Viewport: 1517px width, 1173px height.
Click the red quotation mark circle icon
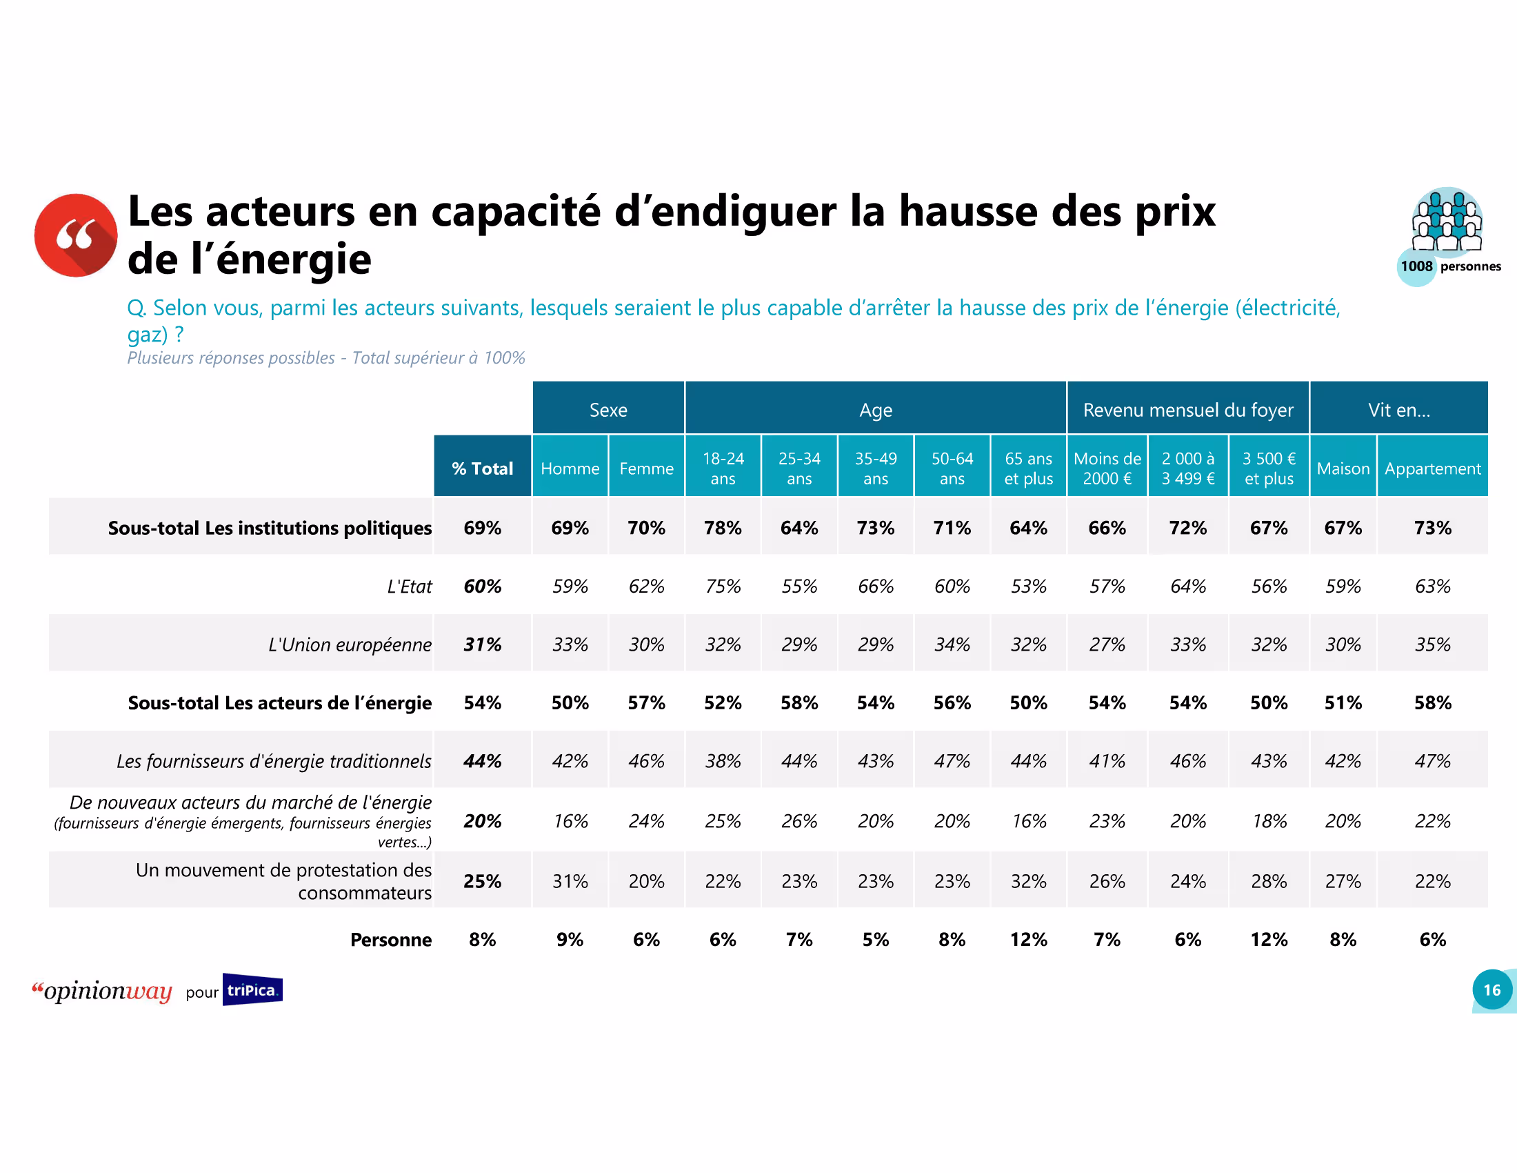point(76,235)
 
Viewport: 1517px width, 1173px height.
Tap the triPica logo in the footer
point(252,989)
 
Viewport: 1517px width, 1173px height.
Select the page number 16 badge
point(1491,989)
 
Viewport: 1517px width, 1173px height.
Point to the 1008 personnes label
point(1449,266)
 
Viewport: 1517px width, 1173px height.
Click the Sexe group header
point(607,410)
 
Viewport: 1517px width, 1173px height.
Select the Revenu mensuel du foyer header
point(1188,410)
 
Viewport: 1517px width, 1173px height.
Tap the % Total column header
point(482,469)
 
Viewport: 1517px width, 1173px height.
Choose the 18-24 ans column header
point(723,469)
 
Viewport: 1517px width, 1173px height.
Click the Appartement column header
point(1432,469)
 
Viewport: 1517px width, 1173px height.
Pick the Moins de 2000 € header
point(1107,469)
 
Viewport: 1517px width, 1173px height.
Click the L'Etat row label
point(409,586)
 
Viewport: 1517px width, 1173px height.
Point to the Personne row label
point(390,940)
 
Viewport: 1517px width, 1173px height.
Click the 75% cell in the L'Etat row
point(723,586)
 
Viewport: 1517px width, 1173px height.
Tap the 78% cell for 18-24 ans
point(723,528)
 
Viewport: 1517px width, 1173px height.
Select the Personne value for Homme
point(570,940)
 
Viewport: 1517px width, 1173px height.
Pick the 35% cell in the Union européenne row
point(1432,645)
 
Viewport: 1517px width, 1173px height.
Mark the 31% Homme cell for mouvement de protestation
point(570,881)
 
